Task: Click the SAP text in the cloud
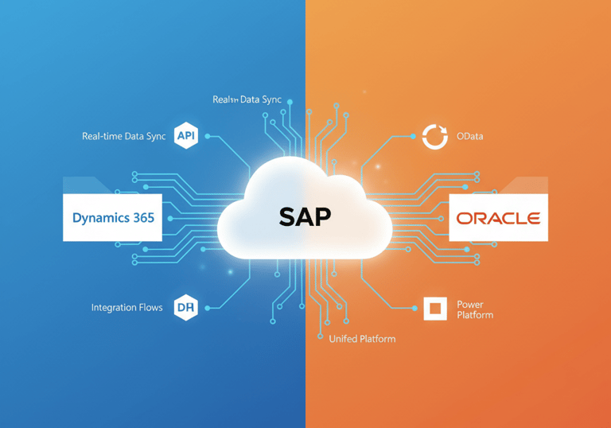(x=305, y=216)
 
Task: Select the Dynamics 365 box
(x=112, y=217)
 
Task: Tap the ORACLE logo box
(x=498, y=217)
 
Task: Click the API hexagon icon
(x=186, y=136)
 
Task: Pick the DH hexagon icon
(x=186, y=307)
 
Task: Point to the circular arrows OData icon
(x=434, y=136)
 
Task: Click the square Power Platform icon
(x=434, y=309)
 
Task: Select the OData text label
(x=469, y=136)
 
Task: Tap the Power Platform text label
(x=474, y=309)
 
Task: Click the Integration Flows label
(x=126, y=307)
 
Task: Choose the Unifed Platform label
(x=362, y=339)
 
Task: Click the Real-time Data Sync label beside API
(x=123, y=136)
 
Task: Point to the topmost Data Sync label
(x=247, y=99)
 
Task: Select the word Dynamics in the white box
(x=99, y=217)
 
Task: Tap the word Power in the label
(x=469, y=305)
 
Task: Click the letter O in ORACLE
(x=463, y=218)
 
